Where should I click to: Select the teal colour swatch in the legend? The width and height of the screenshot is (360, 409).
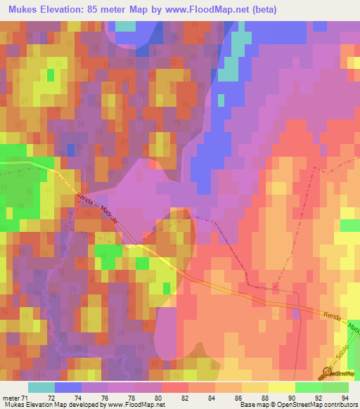(41, 387)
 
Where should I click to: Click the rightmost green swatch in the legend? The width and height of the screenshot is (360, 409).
(335, 387)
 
